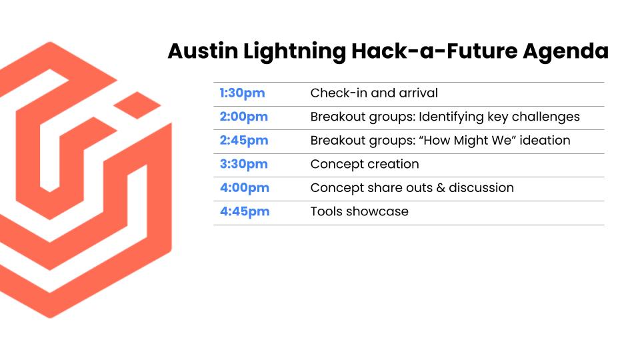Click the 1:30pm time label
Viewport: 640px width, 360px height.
[x=242, y=93]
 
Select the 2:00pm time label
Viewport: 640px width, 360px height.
[x=244, y=117]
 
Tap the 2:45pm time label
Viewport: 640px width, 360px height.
[x=244, y=141]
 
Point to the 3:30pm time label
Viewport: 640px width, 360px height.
[x=244, y=165]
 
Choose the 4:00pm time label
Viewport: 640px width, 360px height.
[x=245, y=188]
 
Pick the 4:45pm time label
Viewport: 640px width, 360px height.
[x=245, y=212]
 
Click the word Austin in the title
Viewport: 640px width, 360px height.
[x=203, y=51]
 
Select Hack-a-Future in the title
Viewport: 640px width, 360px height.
[x=434, y=51]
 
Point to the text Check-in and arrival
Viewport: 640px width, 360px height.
[x=374, y=93]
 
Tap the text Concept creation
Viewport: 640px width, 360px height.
[x=365, y=165]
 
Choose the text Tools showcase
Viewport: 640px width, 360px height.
[x=359, y=211]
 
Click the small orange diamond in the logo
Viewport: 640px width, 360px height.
[x=137, y=105]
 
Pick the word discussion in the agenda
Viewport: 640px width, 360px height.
[x=481, y=188]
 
